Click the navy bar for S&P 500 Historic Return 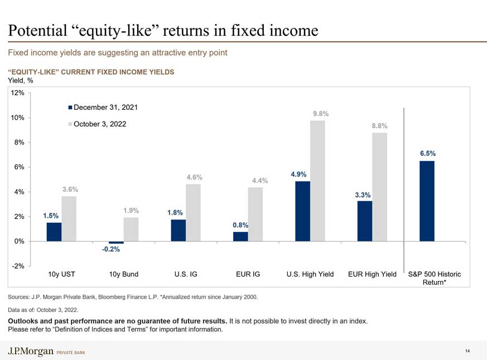point(427,201)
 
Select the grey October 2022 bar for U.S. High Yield point(317,181)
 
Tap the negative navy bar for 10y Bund point(116,242)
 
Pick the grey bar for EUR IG point(255,214)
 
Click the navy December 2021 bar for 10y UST point(54,232)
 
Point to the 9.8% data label point(320,114)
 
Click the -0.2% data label point(110,249)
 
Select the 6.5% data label point(428,153)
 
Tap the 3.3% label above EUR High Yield point(363,194)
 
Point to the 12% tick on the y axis point(17,93)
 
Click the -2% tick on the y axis point(17,266)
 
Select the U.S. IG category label point(186,274)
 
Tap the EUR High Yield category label point(372,274)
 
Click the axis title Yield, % point(20,80)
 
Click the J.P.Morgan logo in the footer point(31,351)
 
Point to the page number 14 point(467,351)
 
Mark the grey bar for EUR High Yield point(379,187)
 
